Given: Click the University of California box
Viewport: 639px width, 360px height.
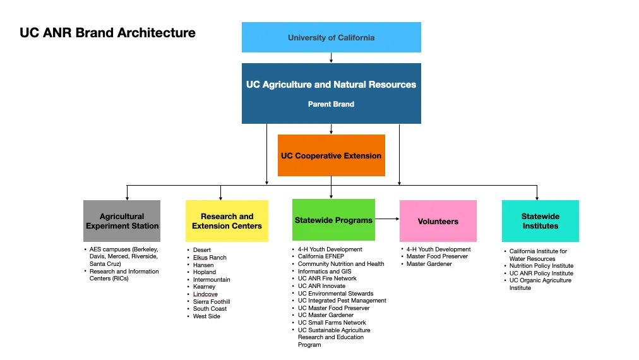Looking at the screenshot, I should [331, 37].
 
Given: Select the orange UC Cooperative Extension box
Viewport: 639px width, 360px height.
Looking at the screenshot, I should [331, 155].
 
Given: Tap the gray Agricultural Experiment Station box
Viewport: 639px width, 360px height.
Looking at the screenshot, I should [122, 221].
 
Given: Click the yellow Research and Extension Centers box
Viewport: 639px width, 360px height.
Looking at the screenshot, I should [227, 221].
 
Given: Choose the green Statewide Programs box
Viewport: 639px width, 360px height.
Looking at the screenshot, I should [333, 220].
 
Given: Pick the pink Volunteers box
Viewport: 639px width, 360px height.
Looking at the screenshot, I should [438, 221].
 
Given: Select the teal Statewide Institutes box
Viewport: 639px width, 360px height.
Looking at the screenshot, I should [540, 221].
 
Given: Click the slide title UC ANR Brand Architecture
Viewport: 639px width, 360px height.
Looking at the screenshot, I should [107, 33].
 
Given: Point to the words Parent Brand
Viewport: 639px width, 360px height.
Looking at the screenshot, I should [331, 104].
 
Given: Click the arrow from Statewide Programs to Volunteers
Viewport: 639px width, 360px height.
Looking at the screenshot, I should [387, 219].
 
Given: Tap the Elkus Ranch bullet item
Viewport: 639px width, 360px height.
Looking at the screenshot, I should [210, 258].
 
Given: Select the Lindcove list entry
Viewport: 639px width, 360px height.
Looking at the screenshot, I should [205, 294].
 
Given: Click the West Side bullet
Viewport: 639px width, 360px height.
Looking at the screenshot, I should [206, 316].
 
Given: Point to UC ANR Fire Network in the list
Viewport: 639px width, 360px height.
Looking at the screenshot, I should [327, 279].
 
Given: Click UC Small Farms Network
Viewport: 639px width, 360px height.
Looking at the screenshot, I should [331, 323].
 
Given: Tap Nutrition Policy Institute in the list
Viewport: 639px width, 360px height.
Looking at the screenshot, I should [541, 266].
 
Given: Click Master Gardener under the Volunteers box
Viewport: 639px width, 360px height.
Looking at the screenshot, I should [429, 264].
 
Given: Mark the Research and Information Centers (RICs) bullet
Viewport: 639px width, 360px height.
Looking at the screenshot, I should [124, 275].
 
